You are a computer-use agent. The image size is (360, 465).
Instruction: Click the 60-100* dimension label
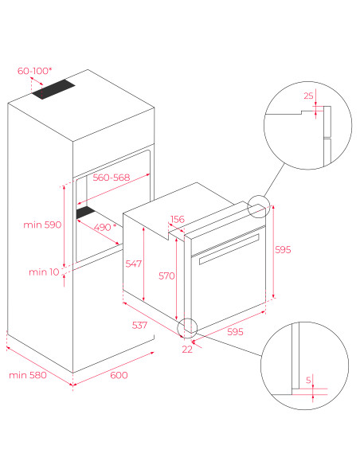pyautogui.click(x=35, y=71)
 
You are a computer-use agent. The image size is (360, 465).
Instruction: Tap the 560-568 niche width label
pyautogui.click(x=112, y=178)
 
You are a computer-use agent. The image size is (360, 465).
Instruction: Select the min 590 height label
pyautogui.click(x=42, y=225)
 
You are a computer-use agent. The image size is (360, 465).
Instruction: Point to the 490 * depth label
pyautogui.click(x=105, y=227)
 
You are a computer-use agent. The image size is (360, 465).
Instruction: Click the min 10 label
pyautogui.click(x=44, y=272)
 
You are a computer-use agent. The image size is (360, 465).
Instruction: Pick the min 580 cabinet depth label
pyautogui.click(x=28, y=375)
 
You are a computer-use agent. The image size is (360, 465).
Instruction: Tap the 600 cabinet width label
pyautogui.click(x=119, y=375)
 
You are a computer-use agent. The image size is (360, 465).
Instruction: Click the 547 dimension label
pyautogui.click(x=134, y=264)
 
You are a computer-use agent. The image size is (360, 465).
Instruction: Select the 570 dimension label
pyautogui.click(x=166, y=276)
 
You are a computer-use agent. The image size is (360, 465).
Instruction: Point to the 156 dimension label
pyautogui.click(x=178, y=220)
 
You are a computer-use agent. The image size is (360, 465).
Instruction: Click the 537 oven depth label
pyautogui.click(x=139, y=326)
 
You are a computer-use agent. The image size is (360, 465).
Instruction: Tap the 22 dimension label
pyautogui.click(x=187, y=350)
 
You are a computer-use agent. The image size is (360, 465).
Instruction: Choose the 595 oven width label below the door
pyautogui.click(x=235, y=332)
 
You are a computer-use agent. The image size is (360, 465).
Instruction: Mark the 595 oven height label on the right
pyautogui.click(x=283, y=250)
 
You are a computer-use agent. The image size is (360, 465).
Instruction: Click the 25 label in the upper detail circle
pyautogui.click(x=308, y=96)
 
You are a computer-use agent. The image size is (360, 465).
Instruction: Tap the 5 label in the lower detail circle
pyautogui.click(x=308, y=380)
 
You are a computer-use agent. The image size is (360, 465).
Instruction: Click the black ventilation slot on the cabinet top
pyautogui.click(x=53, y=89)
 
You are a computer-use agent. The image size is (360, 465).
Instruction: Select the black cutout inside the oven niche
pyautogui.click(x=86, y=213)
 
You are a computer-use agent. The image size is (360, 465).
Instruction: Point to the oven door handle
pyautogui.click(x=229, y=249)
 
